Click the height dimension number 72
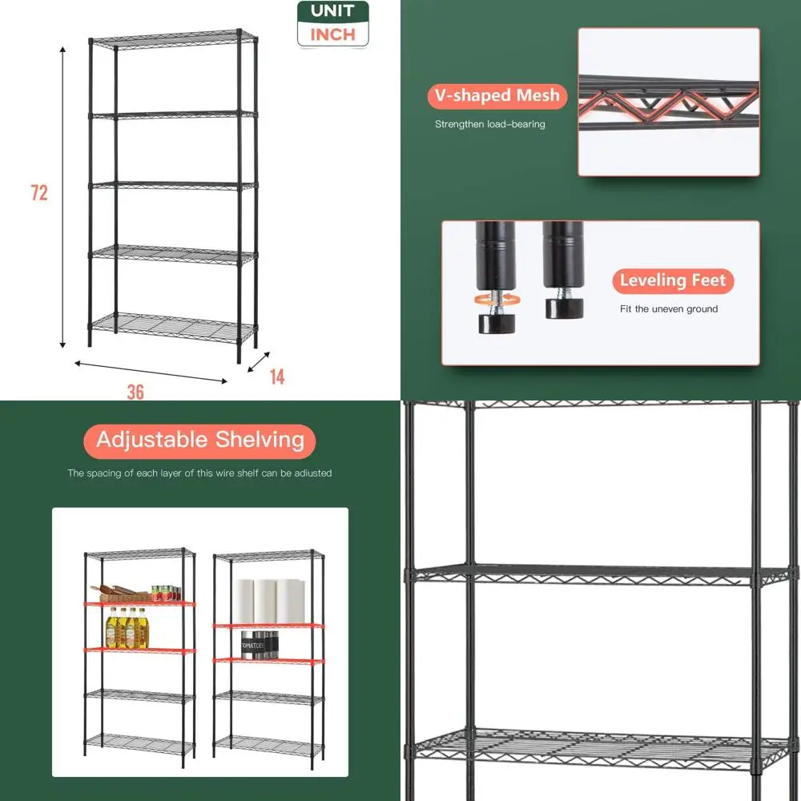click(39, 193)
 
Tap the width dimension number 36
click(135, 392)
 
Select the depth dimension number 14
click(276, 376)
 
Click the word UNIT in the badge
click(332, 12)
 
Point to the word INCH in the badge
click(332, 34)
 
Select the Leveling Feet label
click(673, 280)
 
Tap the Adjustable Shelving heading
click(199, 441)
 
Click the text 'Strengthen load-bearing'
click(489, 124)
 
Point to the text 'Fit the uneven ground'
click(669, 309)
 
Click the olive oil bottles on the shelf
click(127, 629)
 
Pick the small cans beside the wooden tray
click(165, 594)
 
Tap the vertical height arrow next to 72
click(63, 196)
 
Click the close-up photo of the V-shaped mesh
click(669, 102)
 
